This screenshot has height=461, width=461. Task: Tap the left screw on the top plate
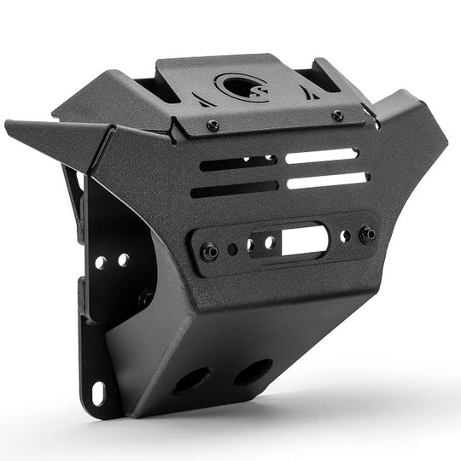click(x=213, y=125)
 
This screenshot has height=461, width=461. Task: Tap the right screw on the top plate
click(x=337, y=115)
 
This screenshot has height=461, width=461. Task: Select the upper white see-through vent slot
click(x=321, y=156)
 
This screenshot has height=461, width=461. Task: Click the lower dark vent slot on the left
click(x=234, y=189)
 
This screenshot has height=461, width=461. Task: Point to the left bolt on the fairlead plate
click(x=209, y=252)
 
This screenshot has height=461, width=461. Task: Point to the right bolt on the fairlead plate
click(x=368, y=234)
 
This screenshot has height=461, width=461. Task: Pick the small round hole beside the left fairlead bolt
click(x=232, y=250)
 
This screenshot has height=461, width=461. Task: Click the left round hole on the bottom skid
click(x=194, y=380)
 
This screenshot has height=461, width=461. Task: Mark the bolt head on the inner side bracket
click(x=146, y=299)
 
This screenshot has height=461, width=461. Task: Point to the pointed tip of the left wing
click(x=7, y=123)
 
